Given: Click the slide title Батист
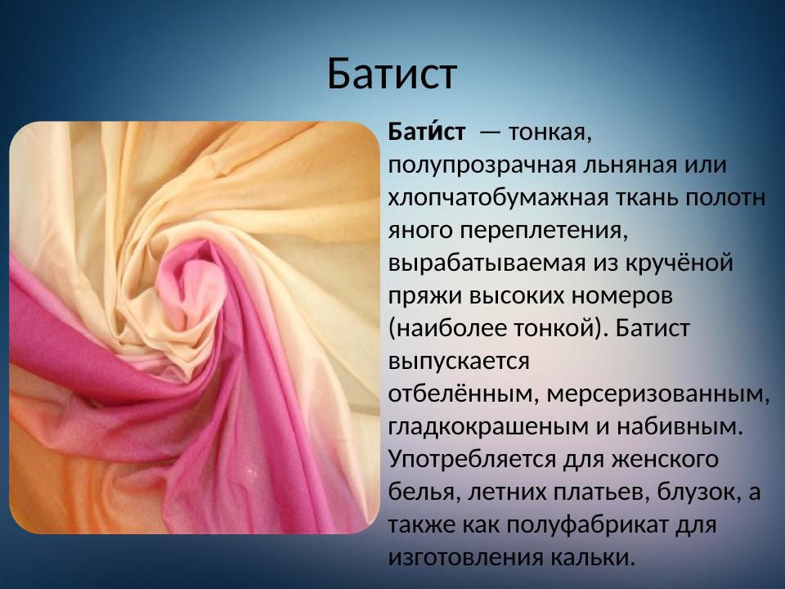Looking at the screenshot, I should click(x=392, y=74).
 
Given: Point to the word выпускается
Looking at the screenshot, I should click(x=459, y=361).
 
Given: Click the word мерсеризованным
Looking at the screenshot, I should click(x=657, y=393).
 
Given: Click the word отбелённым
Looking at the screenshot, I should click(x=460, y=393).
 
